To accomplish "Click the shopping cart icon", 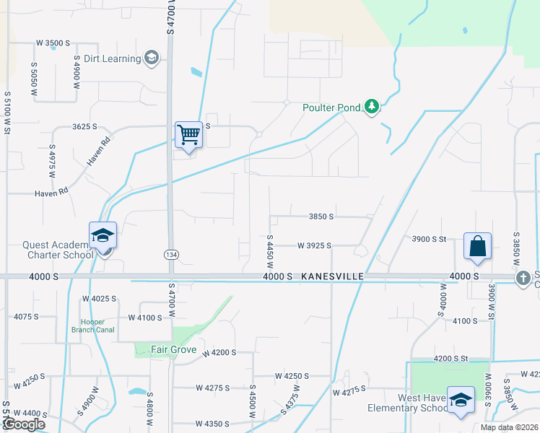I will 188,134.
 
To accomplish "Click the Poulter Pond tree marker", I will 372,108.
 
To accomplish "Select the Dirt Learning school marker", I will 152,58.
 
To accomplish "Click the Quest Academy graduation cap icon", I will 103,235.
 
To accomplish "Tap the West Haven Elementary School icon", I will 461,401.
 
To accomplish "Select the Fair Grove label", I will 173,350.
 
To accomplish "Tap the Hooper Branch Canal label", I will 89,325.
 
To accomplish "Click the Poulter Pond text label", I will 331,108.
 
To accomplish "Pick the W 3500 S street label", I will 53,43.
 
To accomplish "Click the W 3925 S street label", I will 313,245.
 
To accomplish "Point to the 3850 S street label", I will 321,216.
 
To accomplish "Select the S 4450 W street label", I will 269,252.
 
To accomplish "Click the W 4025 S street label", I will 100,298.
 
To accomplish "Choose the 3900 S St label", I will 430,239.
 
